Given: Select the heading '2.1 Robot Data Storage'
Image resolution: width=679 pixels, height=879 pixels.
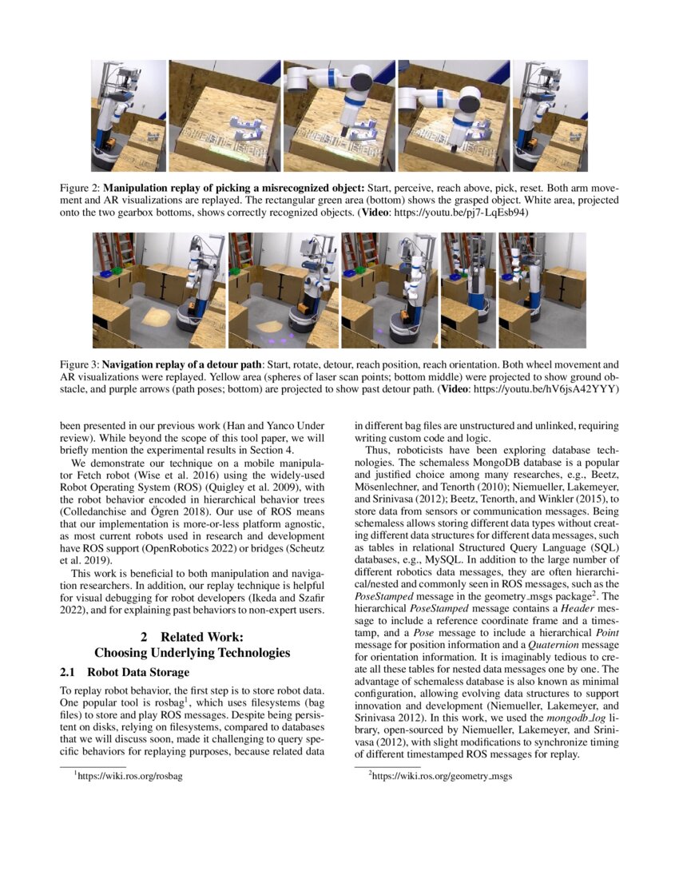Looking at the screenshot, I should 125,672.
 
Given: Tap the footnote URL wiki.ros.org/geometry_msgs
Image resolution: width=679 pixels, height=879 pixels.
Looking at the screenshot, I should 427,776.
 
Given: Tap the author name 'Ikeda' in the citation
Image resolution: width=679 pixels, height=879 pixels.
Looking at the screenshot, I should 263,599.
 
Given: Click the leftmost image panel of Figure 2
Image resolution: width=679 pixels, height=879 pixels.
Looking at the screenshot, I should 128,116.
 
